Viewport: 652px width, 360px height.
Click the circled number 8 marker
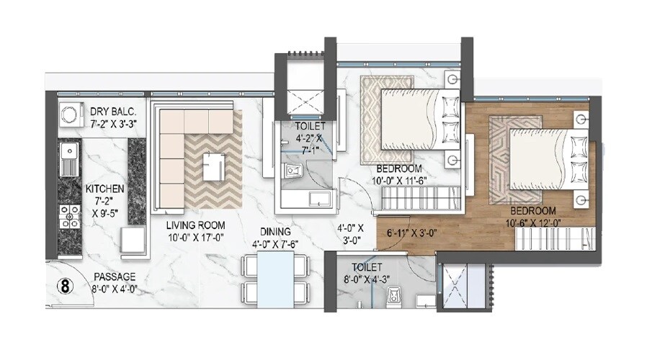66,284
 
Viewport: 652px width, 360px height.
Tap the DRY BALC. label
114,112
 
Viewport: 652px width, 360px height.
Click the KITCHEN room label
105,189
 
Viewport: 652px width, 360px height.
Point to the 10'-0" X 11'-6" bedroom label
400,179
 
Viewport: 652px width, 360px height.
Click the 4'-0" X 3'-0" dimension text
350,234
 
